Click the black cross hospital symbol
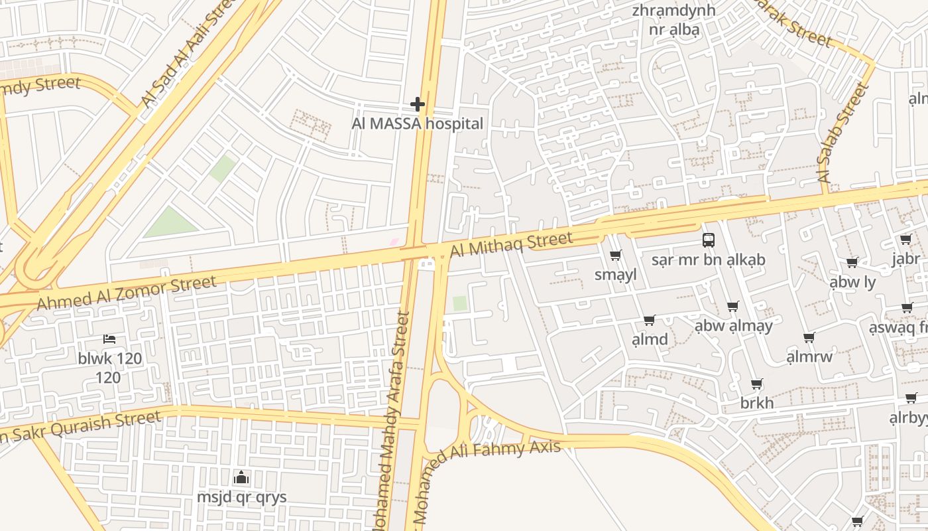pyautogui.click(x=417, y=104)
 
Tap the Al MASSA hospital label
pyautogui.click(x=417, y=123)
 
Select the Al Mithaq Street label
pyautogui.click(x=510, y=245)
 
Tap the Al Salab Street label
pyautogui.click(x=843, y=133)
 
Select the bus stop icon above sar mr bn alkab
pyautogui.click(x=708, y=240)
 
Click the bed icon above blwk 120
pyautogui.click(x=109, y=339)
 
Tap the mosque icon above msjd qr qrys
pyautogui.click(x=241, y=477)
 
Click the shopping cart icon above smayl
pyautogui.click(x=615, y=256)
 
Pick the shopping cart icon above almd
pyautogui.click(x=649, y=321)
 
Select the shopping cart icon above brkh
pyautogui.click(x=756, y=384)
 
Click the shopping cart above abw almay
pyautogui.click(x=732, y=307)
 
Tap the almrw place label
pyautogui.click(x=809, y=357)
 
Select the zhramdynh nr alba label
pyautogui.click(x=673, y=20)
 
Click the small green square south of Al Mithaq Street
pyautogui.click(x=459, y=303)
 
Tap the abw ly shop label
pyautogui.click(x=852, y=282)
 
